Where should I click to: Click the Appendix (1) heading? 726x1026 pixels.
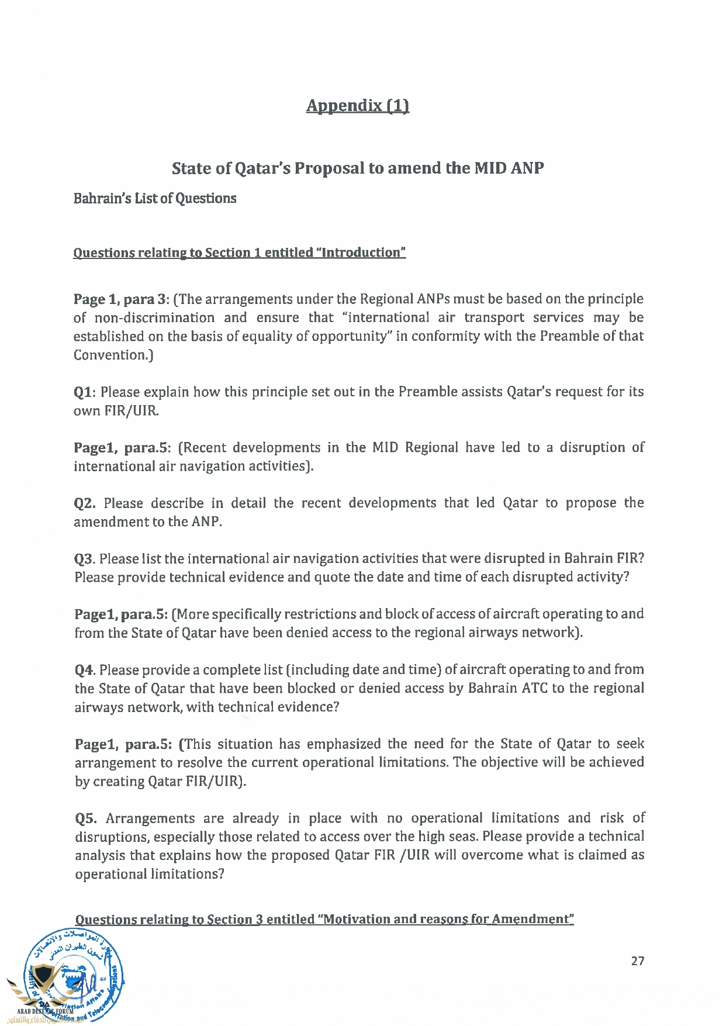coord(357,105)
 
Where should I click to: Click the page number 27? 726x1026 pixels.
coord(638,961)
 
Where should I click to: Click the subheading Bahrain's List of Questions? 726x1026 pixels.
coord(155,198)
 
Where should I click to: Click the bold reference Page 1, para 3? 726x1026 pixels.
coord(121,299)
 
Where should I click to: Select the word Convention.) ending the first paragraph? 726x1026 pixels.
coord(113,355)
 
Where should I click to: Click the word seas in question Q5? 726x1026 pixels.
coord(459,837)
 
